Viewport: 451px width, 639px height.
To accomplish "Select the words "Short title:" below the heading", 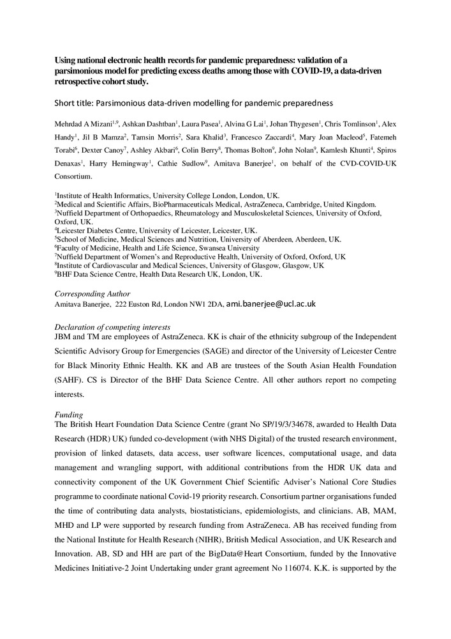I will click(80, 102).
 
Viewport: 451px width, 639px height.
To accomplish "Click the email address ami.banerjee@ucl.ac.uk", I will click(271, 305).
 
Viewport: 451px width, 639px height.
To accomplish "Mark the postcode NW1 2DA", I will click(203, 305).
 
